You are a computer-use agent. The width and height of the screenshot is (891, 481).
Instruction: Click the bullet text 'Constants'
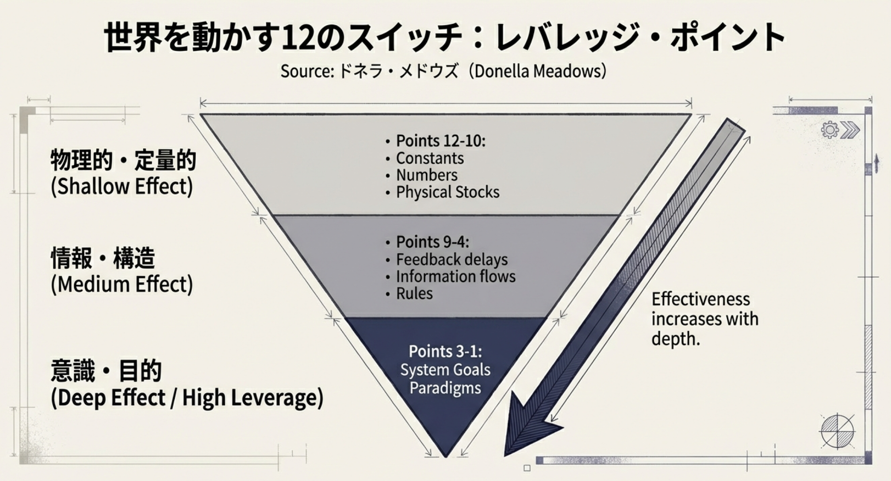pyautogui.click(x=429, y=158)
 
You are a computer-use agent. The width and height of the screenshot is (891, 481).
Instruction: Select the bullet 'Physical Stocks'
pyautogui.click(x=447, y=192)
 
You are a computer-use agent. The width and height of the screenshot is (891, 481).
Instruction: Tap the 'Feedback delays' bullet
pyautogui.click(x=452, y=260)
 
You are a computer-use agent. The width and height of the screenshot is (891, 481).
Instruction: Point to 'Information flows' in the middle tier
pyautogui.click(x=456, y=277)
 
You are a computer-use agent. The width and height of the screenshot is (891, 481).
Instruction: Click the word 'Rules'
pyautogui.click(x=414, y=294)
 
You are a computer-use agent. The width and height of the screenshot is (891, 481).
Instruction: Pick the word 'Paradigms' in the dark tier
pyautogui.click(x=445, y=388)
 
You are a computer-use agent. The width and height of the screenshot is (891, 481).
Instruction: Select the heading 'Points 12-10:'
pyautogui.click(x=440, y=141)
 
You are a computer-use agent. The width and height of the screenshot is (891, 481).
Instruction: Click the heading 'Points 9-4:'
pyautogui.click(x=432, y=242)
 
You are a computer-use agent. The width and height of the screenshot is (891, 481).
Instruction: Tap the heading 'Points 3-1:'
pyautogui.click(x=445, y=351)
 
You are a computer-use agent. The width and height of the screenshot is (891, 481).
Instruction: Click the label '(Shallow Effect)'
pyautogui.click(x=122, y=187)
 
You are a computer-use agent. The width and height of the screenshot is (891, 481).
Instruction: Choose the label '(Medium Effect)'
pyautogui.click(x=122, y=284)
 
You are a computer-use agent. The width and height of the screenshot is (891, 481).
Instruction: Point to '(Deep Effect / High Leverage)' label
pyautogui.click(x=187, y=398)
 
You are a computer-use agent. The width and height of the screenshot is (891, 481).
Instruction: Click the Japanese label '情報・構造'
pyautogui.click(x=103, y=258)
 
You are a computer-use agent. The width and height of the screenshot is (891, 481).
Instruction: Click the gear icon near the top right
pyautogui.click(x=830, y=130)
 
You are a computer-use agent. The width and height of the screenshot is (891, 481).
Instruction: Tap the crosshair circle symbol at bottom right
pyautogui.click(x=837, y=431)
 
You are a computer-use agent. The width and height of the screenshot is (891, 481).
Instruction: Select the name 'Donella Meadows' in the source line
pyautogui.click(x=538, y=71)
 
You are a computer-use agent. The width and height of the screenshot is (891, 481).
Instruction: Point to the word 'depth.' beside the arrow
pyautogui.click(x=676, y=339)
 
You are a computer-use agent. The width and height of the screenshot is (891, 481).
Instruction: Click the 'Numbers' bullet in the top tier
pyautogui.click(x=426, y=175)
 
